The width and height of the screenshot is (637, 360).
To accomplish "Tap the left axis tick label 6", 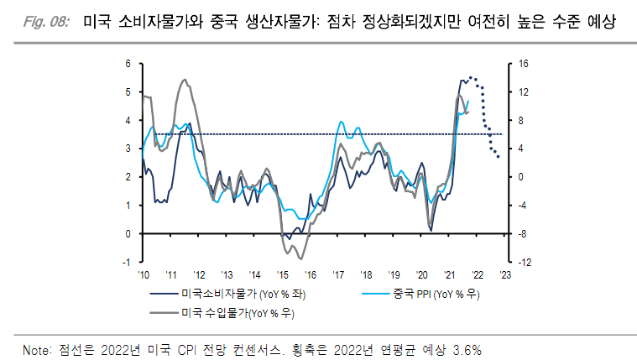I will pos(128,64).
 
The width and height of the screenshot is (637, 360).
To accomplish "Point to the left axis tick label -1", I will pos(128,263).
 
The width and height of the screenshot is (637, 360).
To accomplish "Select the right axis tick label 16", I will pos(522,64).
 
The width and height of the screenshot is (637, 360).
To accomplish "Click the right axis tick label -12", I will pos(523,263).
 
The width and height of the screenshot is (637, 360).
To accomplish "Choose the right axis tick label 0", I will pos(520,177).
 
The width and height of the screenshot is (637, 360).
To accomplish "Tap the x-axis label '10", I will pos(143,274).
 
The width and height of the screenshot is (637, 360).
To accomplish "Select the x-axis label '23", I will pos(505,274).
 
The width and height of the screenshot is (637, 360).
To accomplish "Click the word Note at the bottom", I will pos(38,347).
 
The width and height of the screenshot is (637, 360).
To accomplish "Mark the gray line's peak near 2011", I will pos(185,80).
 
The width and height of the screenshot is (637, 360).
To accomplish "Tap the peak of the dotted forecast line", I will pos(472,77).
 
